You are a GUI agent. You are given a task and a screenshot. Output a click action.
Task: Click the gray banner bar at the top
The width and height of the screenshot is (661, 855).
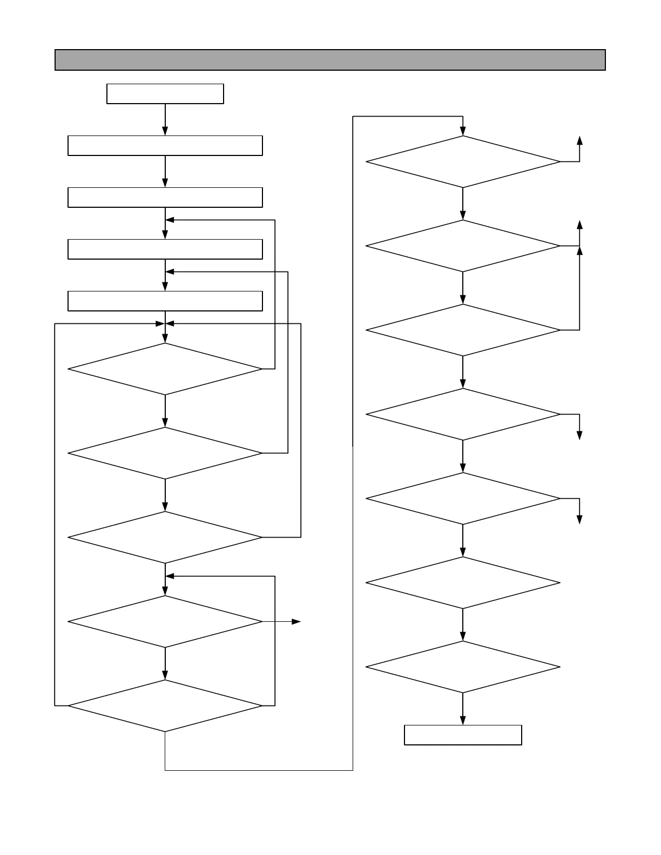pyautogui.click(x=330, y=60)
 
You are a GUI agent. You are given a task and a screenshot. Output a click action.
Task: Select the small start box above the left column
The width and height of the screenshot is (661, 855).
pyautogui.click(x=165, y=93)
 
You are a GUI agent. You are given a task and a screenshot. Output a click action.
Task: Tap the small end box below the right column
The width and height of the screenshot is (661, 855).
pyautogui.click(x=463, y=735)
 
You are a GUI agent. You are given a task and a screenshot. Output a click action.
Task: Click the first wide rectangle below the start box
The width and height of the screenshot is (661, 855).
pyautogui.click(x=165, y=146)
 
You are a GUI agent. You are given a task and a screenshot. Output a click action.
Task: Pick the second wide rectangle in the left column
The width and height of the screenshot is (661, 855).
pyautogui.click(x=165, y=198)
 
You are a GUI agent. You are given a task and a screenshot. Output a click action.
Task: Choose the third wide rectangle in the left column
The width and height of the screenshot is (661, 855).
pyautogui.click(x=165, y=249)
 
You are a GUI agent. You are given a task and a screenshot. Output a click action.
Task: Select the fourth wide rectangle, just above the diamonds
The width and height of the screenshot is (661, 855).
pyautogui.click(x=165, y=301)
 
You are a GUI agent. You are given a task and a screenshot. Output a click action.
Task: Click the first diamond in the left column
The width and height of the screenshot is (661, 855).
pyautogui.click(x=165, y=369)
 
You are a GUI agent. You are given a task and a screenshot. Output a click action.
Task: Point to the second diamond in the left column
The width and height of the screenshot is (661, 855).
pyautogui.click(x=165, y=453)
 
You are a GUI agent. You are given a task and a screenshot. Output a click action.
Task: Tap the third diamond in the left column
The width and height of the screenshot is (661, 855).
pyautogui.click(x=165, y=538)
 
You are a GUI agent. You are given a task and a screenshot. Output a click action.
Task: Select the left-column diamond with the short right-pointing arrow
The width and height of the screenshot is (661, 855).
pyautogui.click(x=165, y=622)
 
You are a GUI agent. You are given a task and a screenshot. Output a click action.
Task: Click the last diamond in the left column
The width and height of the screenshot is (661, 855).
pyautogui.click(x=165, y=706)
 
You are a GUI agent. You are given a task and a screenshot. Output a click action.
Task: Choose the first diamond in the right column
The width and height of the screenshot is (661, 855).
pyautogui.click(x=463, y=162)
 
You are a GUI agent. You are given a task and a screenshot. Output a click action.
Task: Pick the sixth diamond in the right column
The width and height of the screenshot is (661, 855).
pyautogui.click(x=463, y=583)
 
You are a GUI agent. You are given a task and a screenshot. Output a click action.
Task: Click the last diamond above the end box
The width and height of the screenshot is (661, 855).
pyautogui.click(x=463, y=667)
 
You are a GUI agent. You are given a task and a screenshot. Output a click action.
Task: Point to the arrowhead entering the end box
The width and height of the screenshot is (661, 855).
pyautogui.click(x=463, y=721)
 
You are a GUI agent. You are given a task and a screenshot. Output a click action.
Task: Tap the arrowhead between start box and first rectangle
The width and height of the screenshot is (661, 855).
pyautogui.click(x=165, y=131)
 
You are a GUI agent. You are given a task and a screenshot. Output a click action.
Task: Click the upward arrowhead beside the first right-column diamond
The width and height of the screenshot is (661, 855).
pyautogui.click(x=579, y=140)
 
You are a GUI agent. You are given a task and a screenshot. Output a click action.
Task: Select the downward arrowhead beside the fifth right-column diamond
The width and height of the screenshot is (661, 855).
pyautogui.click(x=579, y=520)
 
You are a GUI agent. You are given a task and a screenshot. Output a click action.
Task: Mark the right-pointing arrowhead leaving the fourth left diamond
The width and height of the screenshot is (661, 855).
pyautogui.click(x=296, y=622)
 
